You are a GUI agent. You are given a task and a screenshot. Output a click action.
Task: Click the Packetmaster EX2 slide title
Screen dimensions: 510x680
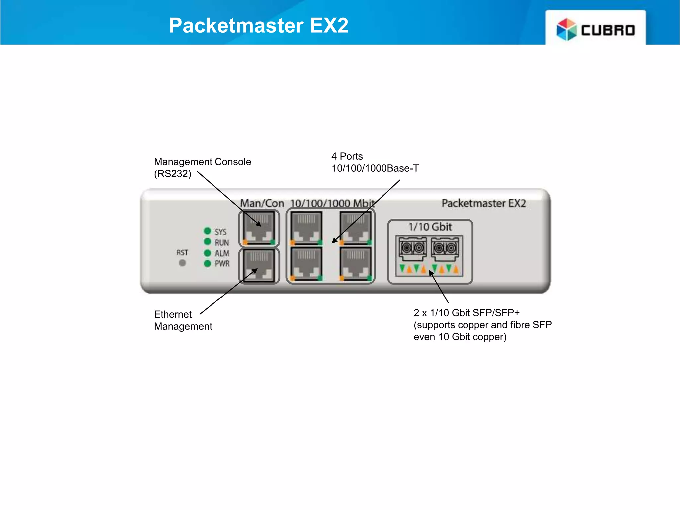(259, 25)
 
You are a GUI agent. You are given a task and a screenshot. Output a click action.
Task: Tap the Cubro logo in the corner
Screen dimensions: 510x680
(596, 29)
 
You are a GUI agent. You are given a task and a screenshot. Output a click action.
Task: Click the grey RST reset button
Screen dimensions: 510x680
(182, 263)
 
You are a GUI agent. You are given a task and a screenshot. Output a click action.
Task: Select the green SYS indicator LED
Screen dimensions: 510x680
(208, 231)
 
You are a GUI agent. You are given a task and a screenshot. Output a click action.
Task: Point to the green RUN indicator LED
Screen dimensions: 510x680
(208, 241)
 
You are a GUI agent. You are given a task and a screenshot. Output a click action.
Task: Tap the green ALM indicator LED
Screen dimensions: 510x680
(208, 253)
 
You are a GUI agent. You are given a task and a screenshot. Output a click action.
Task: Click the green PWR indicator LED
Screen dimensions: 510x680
(208, 264)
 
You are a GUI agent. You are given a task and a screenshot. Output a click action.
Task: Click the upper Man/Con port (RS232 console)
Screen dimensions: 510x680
(259, 228)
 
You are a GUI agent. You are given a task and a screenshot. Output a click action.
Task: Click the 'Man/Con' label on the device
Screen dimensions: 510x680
(262, 203)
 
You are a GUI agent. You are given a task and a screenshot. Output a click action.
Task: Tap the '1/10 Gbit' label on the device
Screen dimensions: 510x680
(430, 227)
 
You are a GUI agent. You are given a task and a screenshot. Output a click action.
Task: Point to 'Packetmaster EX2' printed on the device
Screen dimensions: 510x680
(483, 203)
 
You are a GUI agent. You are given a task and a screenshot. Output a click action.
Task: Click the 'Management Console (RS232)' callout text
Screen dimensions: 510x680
(202, 167)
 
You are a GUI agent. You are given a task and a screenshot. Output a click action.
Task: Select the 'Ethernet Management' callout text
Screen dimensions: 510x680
(183, 320)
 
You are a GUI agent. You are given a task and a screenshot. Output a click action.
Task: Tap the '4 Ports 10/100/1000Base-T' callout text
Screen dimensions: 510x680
(375, 162)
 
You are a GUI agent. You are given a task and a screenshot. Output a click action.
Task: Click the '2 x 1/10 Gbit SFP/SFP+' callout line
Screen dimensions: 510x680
(467, 313)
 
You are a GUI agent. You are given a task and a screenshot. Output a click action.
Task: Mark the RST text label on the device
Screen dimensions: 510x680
(182, 253)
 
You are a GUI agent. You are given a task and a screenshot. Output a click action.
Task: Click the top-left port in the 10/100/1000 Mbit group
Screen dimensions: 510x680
(306, 228)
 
